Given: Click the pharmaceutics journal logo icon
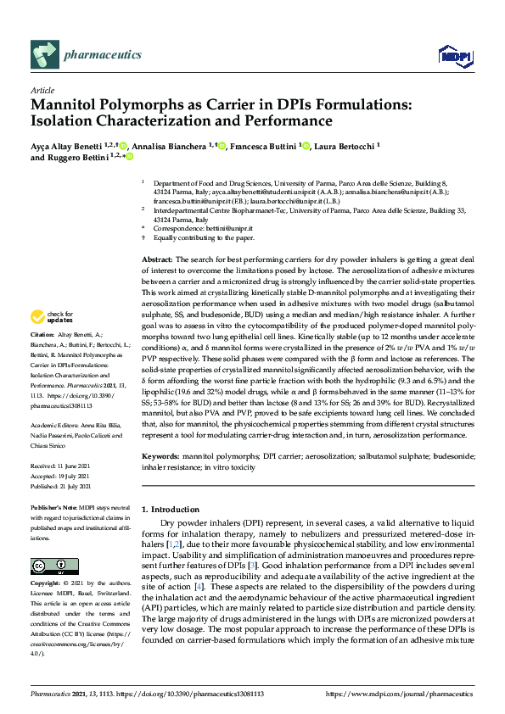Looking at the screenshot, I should pos(44,56).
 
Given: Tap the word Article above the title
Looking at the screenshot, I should pos(42,89).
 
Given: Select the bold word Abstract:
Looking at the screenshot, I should pos(157,259).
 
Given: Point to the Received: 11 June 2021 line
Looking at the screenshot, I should pos(61,466).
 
